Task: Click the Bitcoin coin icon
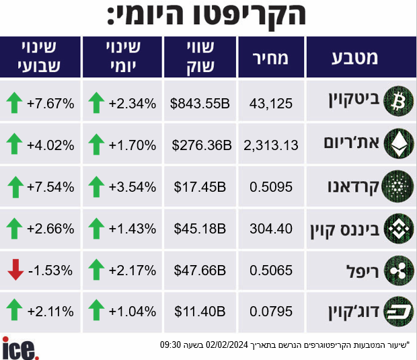coord(398,102)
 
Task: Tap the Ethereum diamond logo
coord(398,144)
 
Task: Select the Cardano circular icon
coord(397,186)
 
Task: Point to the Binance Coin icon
coord(398,229)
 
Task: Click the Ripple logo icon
coord(398,271)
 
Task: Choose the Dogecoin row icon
coord(398,312)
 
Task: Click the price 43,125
coord(271,104)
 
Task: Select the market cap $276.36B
coord(202,145)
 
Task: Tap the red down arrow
coord(15,270)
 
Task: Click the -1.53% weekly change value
coord(50,271)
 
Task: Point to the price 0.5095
coord(271,187)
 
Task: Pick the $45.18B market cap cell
coord(200,229)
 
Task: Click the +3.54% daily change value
coord(132,187)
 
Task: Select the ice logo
coord(20,348)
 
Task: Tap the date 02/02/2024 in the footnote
coord(227,345)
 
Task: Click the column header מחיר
coord(270,59)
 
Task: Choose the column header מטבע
coord(354,58)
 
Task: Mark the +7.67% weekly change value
coord(50,104)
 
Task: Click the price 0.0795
coord(271,312)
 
